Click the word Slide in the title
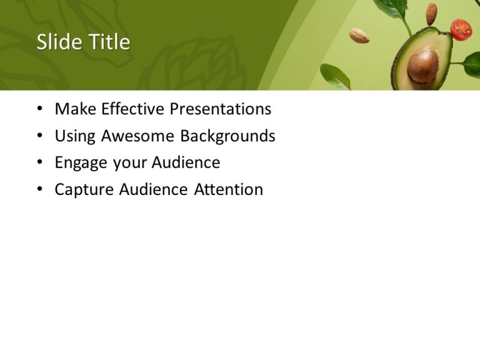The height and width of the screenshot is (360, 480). pos(59,42)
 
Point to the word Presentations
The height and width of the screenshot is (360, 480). pos(221,109)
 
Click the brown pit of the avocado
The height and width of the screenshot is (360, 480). pos(422,66)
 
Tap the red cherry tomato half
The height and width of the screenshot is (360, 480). pos(461,29)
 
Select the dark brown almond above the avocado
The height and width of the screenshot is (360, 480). pos(431,13)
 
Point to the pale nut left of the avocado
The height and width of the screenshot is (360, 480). pos(359,36)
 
